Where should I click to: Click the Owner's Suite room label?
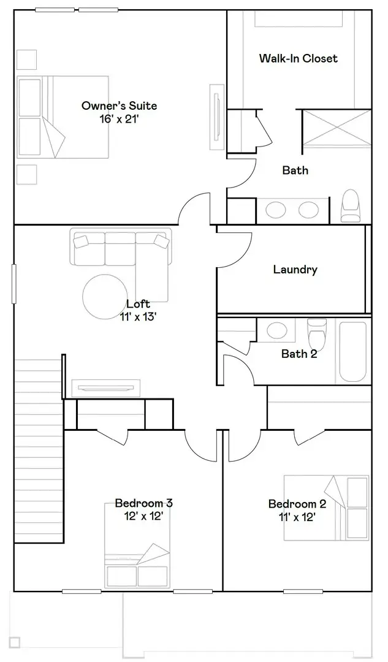119,105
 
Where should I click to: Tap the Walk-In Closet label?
298,58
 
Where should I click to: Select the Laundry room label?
295,269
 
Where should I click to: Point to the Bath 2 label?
299,354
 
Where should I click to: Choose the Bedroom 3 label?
143,503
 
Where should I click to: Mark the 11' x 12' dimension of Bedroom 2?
297,517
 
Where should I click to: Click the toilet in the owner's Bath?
350,206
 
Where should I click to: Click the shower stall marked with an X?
337,129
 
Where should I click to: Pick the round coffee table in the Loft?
109,296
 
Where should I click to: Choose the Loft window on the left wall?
13,284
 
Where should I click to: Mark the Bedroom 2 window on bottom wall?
303,592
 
